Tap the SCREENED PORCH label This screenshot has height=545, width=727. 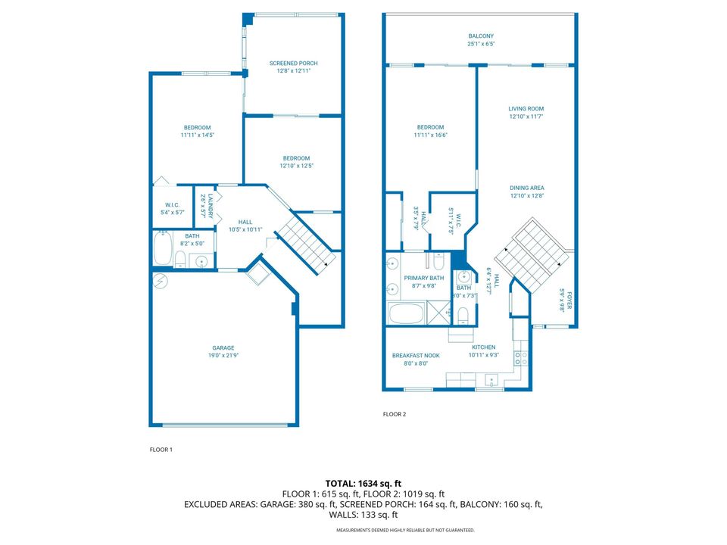pos(293,63)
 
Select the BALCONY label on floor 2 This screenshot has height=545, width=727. pos(481,36)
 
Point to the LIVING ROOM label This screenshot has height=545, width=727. pos(526,109)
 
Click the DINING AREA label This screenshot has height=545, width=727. pos(526,188)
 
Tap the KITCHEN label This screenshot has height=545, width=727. pos(482,347)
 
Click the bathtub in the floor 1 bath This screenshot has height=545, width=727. pos(162,250)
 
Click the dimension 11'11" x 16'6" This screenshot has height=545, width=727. pos(430,135)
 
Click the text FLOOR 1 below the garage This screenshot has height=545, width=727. pos(161,450)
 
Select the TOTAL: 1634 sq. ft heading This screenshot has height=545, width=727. pos(363,482)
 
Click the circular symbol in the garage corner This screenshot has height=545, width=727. pos(161,281)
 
